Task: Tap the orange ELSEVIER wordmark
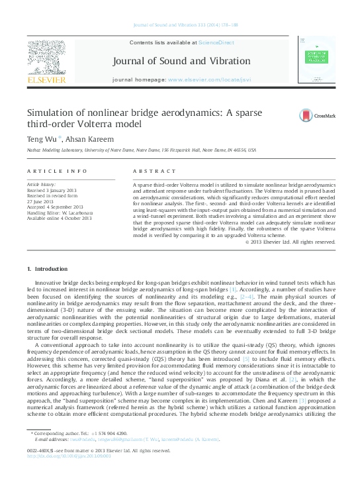coord(46,80)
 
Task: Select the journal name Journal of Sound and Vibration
coord(182,61)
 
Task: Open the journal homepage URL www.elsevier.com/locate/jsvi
coord(209,79)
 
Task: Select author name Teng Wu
coord(42,139)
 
